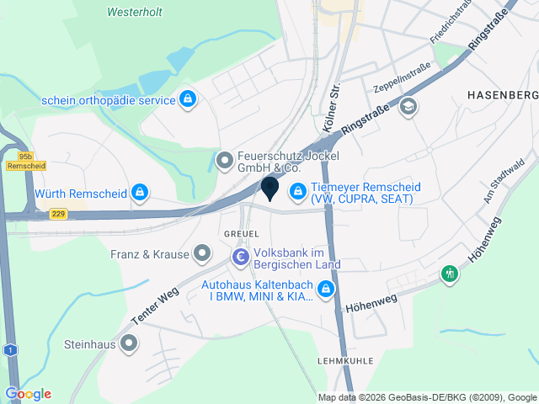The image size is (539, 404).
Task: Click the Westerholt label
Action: pos(136,13)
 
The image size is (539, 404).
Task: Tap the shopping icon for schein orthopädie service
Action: pos(189,100)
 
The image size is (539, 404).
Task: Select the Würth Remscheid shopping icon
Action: pos(141,194)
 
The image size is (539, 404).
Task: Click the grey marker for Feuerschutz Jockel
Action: pos(225,158)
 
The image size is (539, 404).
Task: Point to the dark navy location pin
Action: pos(269,189)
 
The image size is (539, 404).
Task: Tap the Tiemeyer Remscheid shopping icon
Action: pos(297,193)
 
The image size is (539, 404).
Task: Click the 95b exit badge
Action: pos(24,156)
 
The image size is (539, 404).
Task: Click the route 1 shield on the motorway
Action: pos(9,349)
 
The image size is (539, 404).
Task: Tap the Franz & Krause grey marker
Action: pos(202,252)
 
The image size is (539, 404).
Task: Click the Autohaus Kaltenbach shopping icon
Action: pos(326,290)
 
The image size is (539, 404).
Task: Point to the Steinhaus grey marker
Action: pos(129,343)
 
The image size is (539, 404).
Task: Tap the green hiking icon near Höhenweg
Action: pos(451,274)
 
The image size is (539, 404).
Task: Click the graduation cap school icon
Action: pos(409,107)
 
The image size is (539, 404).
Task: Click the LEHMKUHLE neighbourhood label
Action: pos(345,359)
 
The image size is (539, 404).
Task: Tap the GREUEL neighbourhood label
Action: pos(239,232)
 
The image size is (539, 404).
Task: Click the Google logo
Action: pos(28,394)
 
